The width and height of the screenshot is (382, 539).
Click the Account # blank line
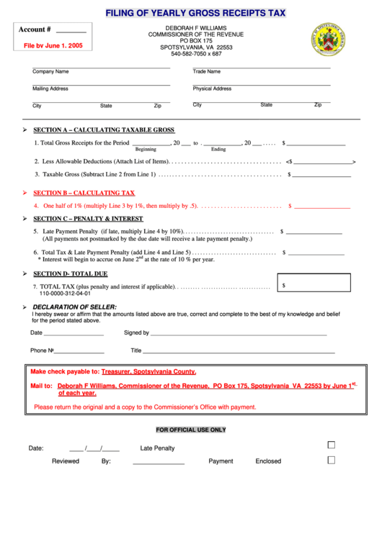[71, 33]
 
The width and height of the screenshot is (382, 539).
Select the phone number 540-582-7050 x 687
[196, 54]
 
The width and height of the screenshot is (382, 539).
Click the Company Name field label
[50, 72]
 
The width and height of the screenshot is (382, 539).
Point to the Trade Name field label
[207, 72]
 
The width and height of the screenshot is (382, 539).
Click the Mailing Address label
[50, 89]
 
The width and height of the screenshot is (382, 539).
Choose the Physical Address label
[212, 89]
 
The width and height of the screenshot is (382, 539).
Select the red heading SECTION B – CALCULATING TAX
[84, 193]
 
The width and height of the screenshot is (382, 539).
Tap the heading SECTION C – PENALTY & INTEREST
[88, 218]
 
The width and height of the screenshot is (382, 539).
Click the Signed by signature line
[238, 334]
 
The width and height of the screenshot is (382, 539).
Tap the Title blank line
[238, 352]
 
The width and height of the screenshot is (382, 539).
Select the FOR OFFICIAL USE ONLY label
[191, 430]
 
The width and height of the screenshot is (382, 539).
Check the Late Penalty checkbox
[332, 445]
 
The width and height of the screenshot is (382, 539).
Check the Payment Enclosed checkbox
[332, 461]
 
